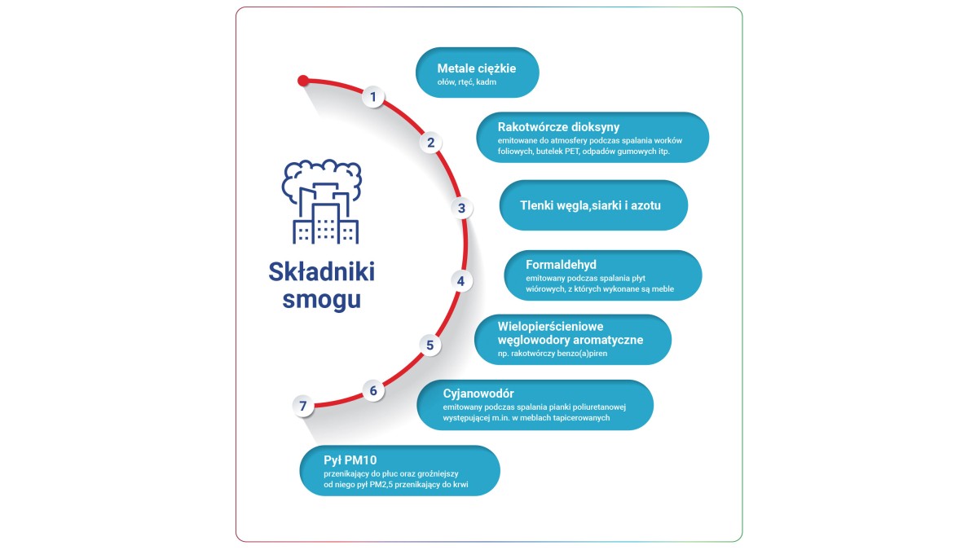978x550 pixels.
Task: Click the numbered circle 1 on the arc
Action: point(373,96)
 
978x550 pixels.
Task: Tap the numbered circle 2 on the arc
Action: point(430,143)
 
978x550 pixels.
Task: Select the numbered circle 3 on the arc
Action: point(461,209)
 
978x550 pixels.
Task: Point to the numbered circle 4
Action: point(461,281)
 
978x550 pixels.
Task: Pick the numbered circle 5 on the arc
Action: point(430,345)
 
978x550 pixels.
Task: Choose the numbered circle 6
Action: point(373,390)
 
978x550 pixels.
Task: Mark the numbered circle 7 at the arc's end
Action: point(303,406)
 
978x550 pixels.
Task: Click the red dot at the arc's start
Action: point(303,81)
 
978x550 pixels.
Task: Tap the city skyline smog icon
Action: point(322,202)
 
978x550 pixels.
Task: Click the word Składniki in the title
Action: point(322,271)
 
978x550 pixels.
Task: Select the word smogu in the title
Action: point(322,300)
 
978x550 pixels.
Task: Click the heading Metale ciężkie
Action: point(476,68)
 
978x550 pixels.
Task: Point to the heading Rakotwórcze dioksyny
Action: point(558,127)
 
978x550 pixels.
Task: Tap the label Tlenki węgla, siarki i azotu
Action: point(590,205)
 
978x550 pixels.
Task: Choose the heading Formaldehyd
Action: point(561,265)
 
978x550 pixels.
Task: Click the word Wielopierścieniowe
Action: point(551,327)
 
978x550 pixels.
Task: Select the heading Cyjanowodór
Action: point(478,394)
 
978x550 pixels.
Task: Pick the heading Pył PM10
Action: point(350,460)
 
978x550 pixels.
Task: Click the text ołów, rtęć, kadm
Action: point(467,82)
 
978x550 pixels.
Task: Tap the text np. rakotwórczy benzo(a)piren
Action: point(553,354)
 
